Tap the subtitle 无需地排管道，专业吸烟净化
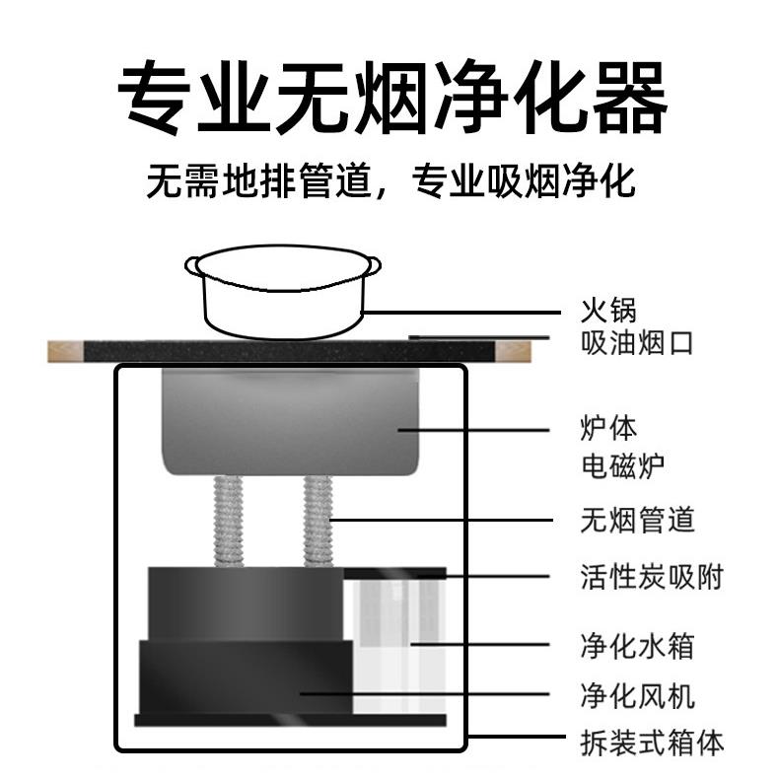(x=390, y=181)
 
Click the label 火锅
(x=607, y=313)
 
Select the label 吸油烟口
(x=636, y=343)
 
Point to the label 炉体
(x=607, y=429)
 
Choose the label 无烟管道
(x=636, y=519)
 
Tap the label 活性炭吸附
(x=650, y=576)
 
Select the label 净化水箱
(x=636, y=646)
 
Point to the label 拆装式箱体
(x=650, y=742)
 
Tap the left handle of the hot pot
(x=193, y=264)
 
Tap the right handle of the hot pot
(x=373, y=264)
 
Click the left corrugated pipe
(x=228, y=520)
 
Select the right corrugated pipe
(x=318, y=520)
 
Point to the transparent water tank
(x=394, y=641)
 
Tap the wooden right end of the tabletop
(x=513, y=350)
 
